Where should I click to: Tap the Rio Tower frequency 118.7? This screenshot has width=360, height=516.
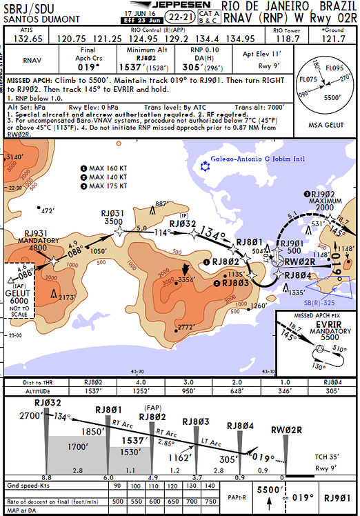coord(287,39)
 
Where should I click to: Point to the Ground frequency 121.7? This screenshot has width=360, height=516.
coord(334,39)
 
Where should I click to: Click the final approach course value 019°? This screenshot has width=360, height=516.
coord(89,68)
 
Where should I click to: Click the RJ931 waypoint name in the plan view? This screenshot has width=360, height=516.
coord(36,234)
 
